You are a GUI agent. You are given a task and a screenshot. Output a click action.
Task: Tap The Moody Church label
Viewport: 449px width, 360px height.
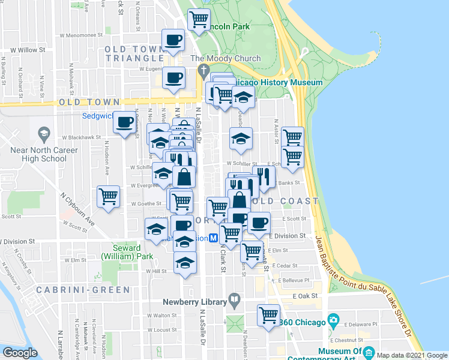(225, 59)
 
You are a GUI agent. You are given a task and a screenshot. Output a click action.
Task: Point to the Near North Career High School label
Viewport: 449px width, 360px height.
(44, 154)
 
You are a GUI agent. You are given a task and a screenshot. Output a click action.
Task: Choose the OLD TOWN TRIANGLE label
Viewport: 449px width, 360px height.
(134, 53)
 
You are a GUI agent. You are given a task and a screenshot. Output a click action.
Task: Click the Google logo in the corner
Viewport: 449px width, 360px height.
(20, 353)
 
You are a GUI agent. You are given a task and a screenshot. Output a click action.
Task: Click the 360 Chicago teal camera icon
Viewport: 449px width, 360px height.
(333, 319)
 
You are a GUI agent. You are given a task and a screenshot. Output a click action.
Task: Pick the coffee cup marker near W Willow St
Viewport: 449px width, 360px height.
(174, 40)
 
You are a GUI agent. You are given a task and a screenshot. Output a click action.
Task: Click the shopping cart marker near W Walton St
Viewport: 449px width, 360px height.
(268, 314)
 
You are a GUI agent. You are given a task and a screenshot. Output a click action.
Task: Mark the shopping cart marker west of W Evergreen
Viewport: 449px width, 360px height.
(109, 196)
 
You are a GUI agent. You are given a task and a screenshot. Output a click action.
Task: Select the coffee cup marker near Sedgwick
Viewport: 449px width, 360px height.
(125, 122)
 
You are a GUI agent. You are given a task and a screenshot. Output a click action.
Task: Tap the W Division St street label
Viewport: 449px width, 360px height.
(17, 241)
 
